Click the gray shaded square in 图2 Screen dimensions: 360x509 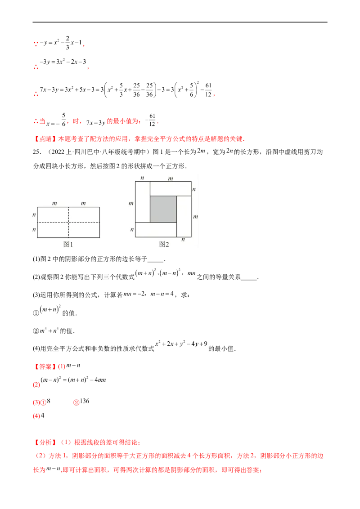[x=163, y=209]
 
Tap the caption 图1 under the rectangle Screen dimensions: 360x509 [x=68, y=244]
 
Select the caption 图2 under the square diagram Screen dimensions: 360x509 [x=164, y=244]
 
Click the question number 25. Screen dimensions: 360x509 [x=37, y=152]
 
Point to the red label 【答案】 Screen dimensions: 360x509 [x=45, y=367]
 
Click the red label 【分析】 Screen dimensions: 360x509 [x=45, y=442]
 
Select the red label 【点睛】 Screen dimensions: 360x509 [x=45, y=139]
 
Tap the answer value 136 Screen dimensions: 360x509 [x=85, y=401]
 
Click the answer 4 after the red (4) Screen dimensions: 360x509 [x=43, y=415]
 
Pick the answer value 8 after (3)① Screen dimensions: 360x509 [x=49, y=401]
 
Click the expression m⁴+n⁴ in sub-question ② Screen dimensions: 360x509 [x=49, y=331]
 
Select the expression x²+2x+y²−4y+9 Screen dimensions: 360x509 [x=181, y=344]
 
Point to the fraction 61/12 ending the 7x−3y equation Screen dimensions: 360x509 [x=208, y=90]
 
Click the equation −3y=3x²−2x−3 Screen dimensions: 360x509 [x=63, y=62]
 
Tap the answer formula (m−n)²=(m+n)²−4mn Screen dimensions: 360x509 [x=73, y=380]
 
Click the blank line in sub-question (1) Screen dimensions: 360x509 [x=155, y=261]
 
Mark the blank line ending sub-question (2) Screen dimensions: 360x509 [x=249, y=279]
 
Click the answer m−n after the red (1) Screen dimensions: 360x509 [x=73, y=366]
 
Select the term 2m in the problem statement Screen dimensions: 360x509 [x=202, y=151]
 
